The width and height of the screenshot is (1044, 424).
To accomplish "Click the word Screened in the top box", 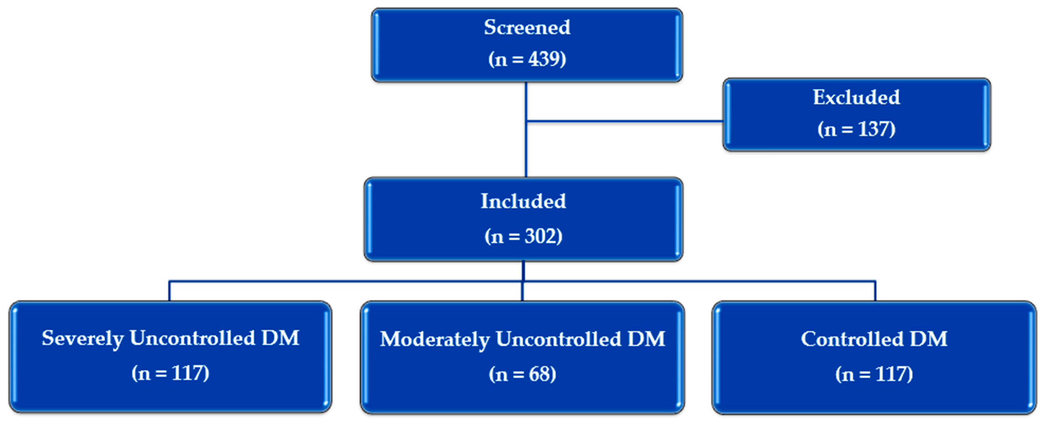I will click(527, 28).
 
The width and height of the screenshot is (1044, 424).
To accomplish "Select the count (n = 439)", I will click(527, 59).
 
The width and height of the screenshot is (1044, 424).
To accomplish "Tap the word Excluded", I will click(856, 98).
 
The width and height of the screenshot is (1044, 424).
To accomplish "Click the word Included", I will click(523, 201).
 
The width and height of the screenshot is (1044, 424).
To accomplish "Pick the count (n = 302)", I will click(523, 236).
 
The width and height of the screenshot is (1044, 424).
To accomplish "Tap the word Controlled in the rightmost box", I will click(852, 339).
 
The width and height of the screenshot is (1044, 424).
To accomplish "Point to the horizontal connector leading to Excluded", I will click(624, 121).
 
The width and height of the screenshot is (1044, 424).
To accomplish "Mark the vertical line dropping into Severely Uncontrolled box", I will click(169, 291).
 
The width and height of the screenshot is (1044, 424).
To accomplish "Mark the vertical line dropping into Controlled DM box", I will click(875, 291).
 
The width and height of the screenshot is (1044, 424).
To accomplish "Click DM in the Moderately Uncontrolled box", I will click(646, 339).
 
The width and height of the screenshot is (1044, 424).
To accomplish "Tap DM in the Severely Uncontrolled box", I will click(280, 338).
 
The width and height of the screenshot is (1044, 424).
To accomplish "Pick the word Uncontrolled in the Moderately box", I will click(558, 339).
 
